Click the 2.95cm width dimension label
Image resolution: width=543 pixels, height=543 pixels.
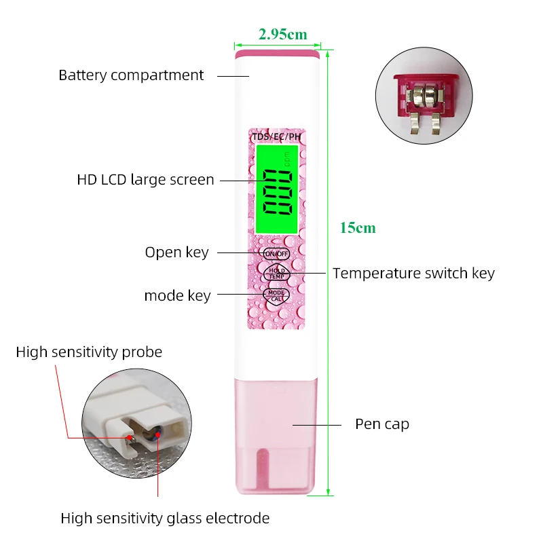pyautogui.click(x=282, y=34)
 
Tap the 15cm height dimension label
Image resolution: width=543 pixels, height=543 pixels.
pyautogui.click(x=357, y=228)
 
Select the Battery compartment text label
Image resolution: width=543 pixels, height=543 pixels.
pyautogui.click(x=131, y=75)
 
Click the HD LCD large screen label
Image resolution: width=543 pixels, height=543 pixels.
pyautogui.click(x=145, y=180)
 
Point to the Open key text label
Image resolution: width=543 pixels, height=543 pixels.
pyautogui.click(x=176, y=252)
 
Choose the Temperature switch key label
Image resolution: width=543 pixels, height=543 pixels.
pyautogui.click(x=413, y=274)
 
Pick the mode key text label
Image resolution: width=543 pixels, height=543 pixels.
pyautogui.click(x=177, y=296)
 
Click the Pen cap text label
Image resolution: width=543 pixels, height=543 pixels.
pyautogui.click(x=382, y=424)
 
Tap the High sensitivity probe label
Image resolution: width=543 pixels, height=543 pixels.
pyautogui.click(x=89, y=352)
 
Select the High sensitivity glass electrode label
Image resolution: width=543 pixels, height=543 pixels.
pyautogui.click(x=165, y=519)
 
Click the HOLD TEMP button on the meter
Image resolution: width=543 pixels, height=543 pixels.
pyautogui.click(x=276, y=273)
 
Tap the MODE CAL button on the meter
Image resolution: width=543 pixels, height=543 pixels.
pyautogui.click(x=276, y=295)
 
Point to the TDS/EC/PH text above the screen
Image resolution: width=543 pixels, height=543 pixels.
pyautogui.click(x=276, y=136)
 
